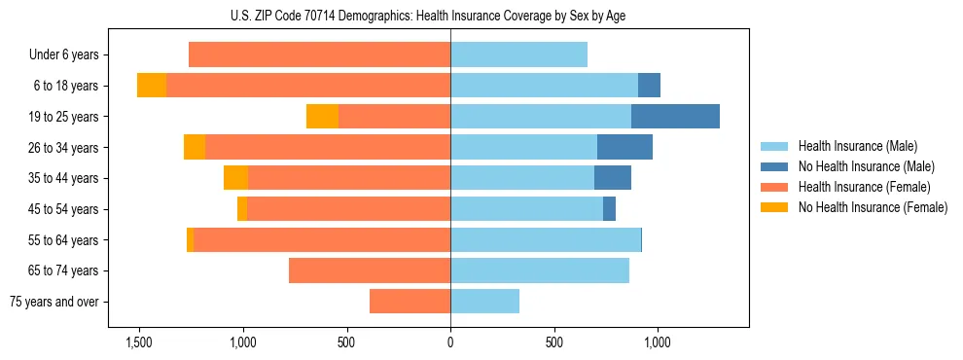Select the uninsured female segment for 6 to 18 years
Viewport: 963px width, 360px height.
[x=152, y=86]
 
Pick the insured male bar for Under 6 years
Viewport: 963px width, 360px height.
[x=518, y=55]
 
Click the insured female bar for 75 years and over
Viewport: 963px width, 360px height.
[x=410, y=302]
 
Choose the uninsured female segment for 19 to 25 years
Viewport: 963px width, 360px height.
[x=322, y=117]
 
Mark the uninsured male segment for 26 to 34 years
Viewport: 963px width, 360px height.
[x=624, y=147]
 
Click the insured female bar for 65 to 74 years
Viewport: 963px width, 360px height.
[x=370, y=270]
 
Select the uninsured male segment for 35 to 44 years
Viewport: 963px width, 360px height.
[x=613, y=178]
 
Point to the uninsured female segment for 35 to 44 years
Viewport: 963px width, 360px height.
[x=235, y=178]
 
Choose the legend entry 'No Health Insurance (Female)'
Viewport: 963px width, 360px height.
[x=873, y=207]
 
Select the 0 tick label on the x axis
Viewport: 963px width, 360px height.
[x=450, y=342]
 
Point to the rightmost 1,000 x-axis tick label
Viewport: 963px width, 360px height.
[x=658, y=342]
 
